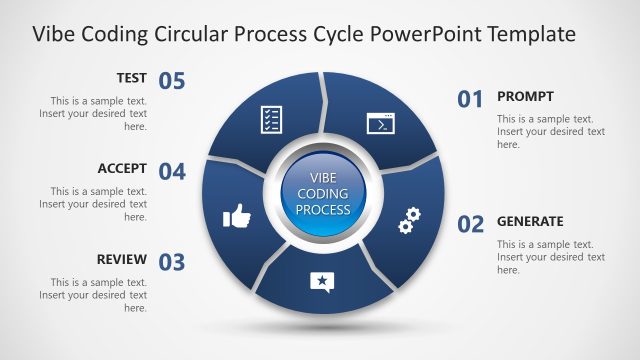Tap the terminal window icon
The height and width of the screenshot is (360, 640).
pyautogui.click(x=379, y=124)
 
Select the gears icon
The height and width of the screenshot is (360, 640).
pyautogui.click(x=408, y=221)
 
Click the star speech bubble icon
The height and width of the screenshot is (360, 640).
pyautogui.click(x=320, y=281)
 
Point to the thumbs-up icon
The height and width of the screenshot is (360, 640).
pyautogui.click(x=235, y=214)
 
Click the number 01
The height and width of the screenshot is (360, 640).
pyautogui.click(x=471, y=98)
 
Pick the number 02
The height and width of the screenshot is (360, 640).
pyautogui.click(x=471, y=223)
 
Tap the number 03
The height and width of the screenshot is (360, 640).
pyautogui.click(x=172, y=262)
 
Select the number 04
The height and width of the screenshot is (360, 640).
pyautogui.click(x=172, y=171)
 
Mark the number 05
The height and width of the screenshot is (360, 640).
pyautogui.click(x=172, y=81)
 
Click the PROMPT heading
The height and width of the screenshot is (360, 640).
pyautogui.click(x=525, y=96)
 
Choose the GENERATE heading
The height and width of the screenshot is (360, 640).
pyautogui.click(x=530, y=221)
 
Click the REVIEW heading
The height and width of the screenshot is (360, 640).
pyautogui.click(x=122, y=259)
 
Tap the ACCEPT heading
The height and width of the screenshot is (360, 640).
pyautogui.click(x=122, y=168)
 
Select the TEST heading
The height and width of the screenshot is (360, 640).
pyautogui.click(x=131, y=77)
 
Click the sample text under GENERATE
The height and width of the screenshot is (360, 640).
pyautogui.click(x=550, y=257)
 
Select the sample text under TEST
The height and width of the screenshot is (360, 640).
pyautogui.click(x=94, y=114)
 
